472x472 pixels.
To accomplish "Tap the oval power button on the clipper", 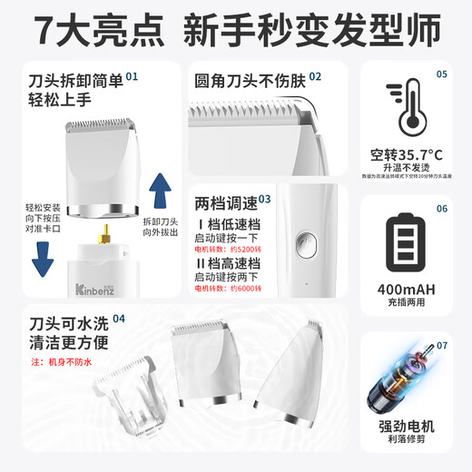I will (307, 244).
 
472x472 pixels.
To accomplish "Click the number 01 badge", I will (133, 78).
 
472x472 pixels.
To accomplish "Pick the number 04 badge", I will (119, 319).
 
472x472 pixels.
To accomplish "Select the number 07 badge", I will (441, 345).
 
